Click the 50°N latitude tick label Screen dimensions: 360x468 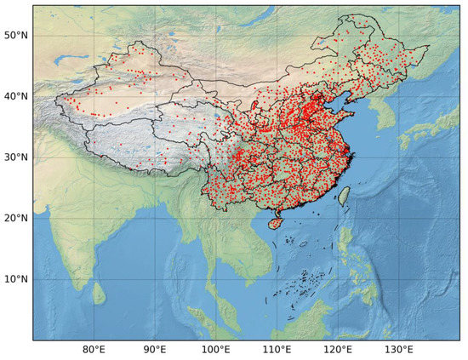tap(16, 34)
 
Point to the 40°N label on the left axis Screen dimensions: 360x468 tap(16, 95)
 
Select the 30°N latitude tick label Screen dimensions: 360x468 tap(16, 157)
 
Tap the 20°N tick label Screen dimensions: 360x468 tap(16, 218)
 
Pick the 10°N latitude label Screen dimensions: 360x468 tap(16, 279)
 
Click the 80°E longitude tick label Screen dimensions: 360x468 tap(94, 350)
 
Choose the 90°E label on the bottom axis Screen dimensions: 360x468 tap(155, 350)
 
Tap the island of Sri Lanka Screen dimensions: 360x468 tap(99, 294)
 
